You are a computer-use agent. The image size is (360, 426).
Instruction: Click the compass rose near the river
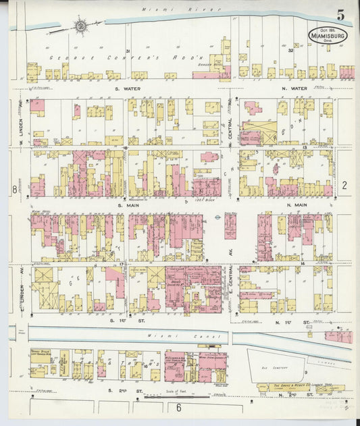click(x=80, y=26)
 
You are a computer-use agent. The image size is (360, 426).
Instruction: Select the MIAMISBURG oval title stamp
click(x=329, y=35)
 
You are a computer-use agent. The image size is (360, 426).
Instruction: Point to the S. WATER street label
click(x=126, y=88)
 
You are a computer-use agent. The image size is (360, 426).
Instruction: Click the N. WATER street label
click(x=295, y=88)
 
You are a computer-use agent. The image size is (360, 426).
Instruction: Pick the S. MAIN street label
click(x=128, y=205)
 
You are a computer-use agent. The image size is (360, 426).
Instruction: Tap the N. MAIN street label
click(x=297, y=205)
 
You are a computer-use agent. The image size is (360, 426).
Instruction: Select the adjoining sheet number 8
click(x=14, y=190)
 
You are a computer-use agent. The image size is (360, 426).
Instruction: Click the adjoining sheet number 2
click(x=344, y=185)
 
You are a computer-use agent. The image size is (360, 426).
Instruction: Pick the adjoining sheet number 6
click(x=179, y=408)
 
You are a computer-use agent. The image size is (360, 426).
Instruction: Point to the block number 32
click(x=291, y=51)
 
